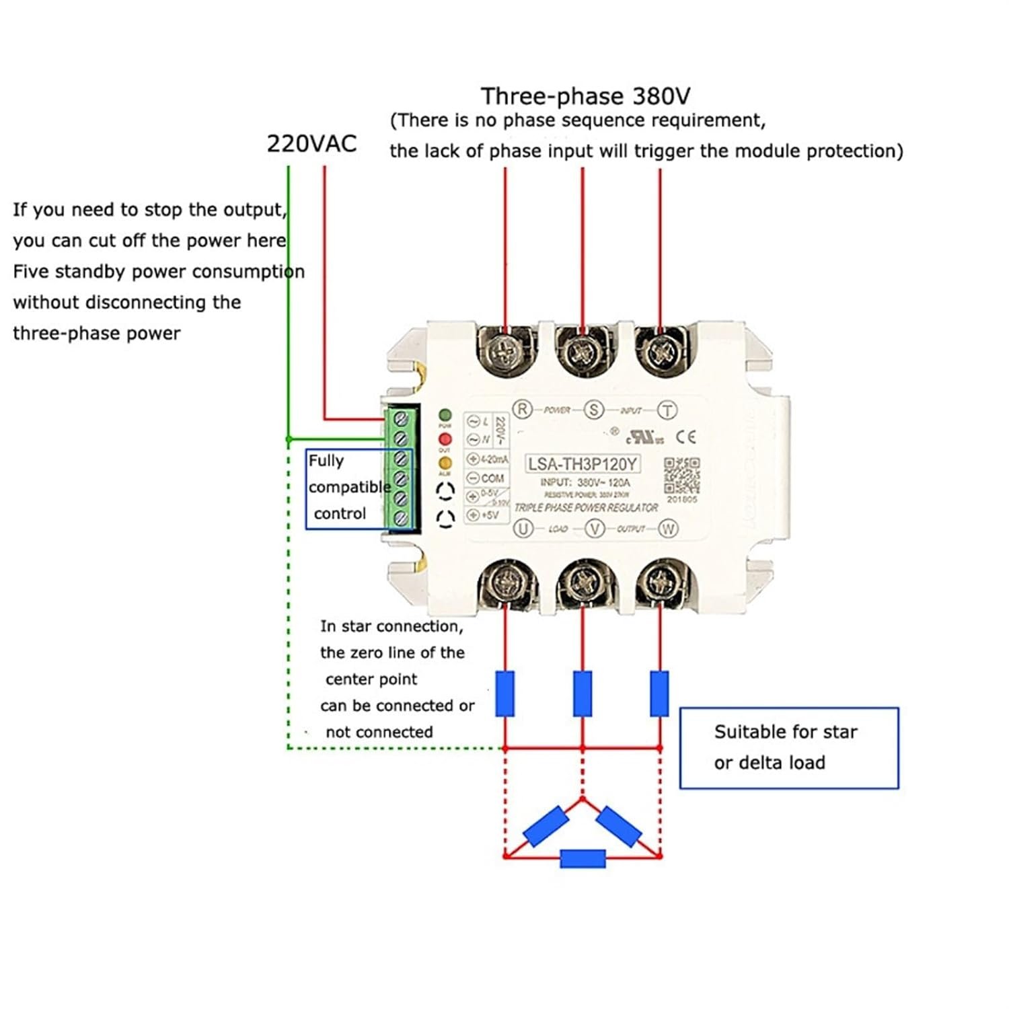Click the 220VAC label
(x=311, y=144)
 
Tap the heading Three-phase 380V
(x=585, y=96)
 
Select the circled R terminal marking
(x=523, y=409)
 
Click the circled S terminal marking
(x=593, y=409)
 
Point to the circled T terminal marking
(x=667, y=410)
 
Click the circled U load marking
(x=523, y=529)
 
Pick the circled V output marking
(x=595, y=529)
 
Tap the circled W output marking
(x=668, y=529)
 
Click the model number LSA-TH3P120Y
(x=582, y=464)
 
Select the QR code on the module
(x=681, y=476)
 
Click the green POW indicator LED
(x=445, y=415)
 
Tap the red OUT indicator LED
(x=445, y=439)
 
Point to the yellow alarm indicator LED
(x=445, y=463)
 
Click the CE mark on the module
(x=686, y=437)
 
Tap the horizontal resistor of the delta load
(x=583, y=858)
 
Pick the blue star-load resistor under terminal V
(x=583, y=693)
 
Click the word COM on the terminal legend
(x=492, y=478)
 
